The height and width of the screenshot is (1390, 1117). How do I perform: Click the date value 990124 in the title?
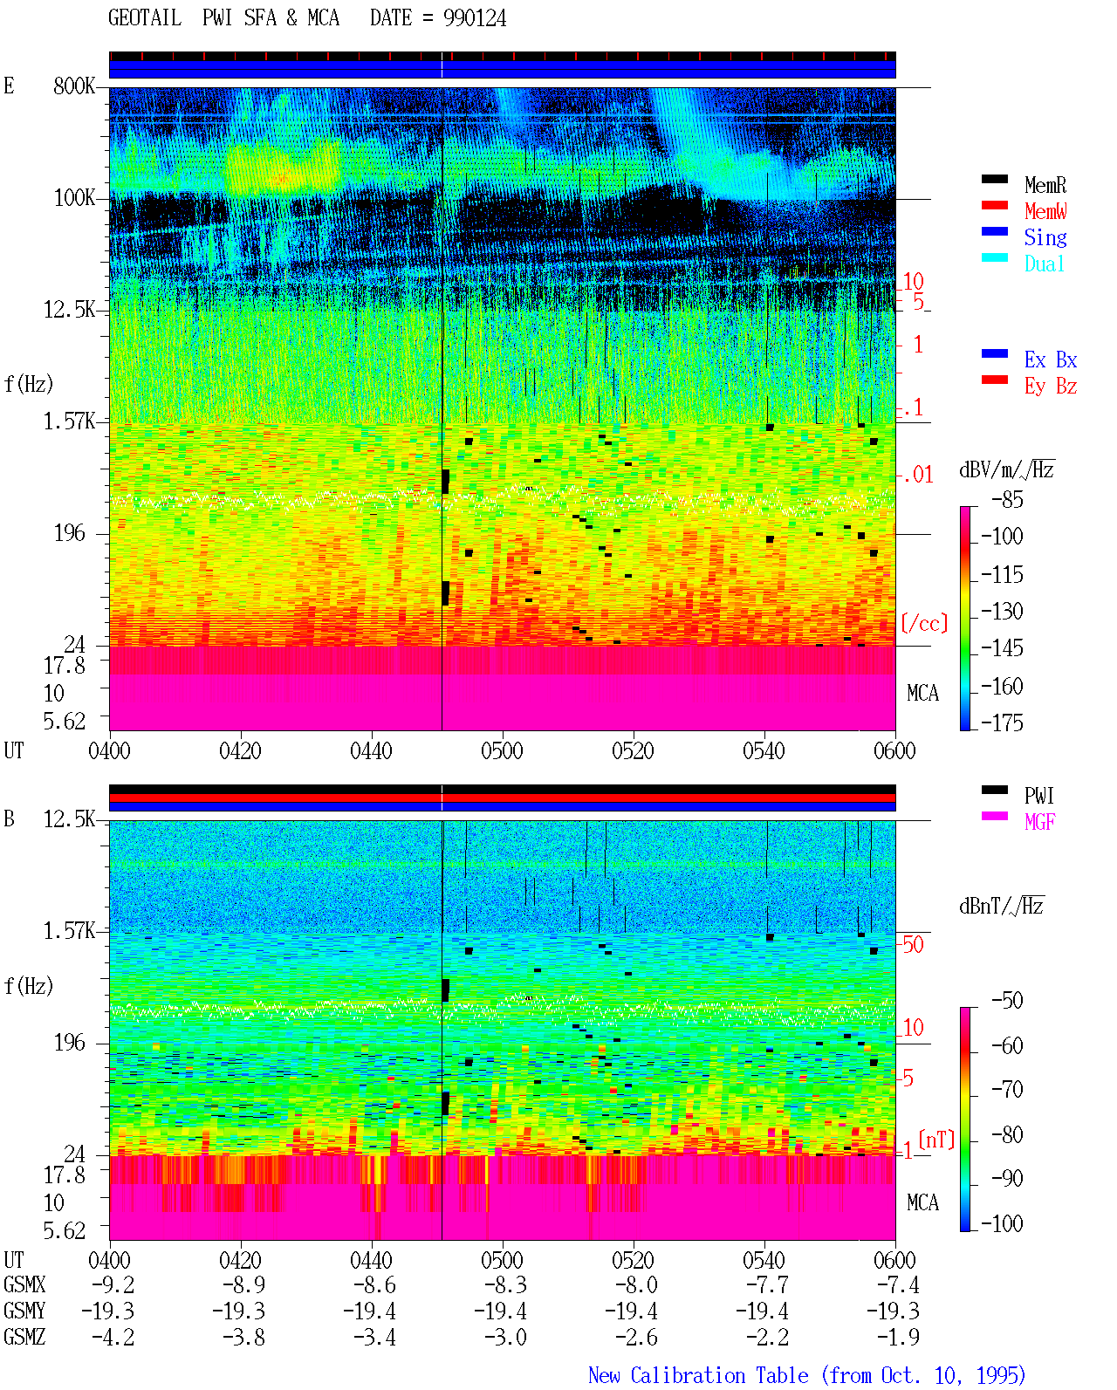[x=474, y=18]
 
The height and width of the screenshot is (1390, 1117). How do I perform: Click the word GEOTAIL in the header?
[x=145, y=18]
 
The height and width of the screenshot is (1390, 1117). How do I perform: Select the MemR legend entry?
[x=1045, y=185]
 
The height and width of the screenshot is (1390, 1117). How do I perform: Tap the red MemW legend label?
[x=1045, y=211]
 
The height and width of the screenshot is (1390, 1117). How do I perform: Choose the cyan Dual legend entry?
[x=1044, y=264]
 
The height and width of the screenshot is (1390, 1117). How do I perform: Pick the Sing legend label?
[x=1045, y=237]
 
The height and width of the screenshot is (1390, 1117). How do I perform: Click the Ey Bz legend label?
[x=1051, y=386]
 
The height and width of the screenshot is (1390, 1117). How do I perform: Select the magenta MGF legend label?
[x=1039, y=822]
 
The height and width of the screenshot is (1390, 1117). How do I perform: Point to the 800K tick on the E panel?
[x=74, y=86]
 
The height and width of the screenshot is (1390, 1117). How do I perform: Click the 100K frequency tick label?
[x=74, y=198]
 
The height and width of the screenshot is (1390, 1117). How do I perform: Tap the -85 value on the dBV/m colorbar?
[x=1007, y=499]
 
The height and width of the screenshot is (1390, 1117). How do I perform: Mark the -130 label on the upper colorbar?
[x=1002, y=611]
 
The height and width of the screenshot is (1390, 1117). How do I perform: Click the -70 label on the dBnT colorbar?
[x=1007, y=1090]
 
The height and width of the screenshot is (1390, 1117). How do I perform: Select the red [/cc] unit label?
[x=924, y=623]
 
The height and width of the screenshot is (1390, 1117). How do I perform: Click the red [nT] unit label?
[x=936, y=1140]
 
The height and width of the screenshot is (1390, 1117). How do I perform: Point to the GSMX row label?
[x=24, y=1284]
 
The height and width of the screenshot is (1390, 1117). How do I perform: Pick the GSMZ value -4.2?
[x=113, y=1337]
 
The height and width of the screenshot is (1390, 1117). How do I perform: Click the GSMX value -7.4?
[x=898, y=1284]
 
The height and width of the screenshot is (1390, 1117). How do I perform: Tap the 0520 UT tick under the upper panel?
[x=634, y=750]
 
